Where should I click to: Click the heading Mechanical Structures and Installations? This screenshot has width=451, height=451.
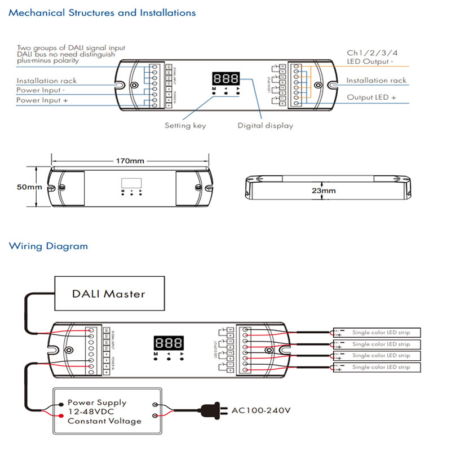(x=102, y=12)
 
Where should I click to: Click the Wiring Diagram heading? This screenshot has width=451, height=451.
(x=48, y=246)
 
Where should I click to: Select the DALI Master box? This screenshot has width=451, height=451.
(x=109, y=294)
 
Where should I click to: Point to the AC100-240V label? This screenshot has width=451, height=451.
(x=261, y=410)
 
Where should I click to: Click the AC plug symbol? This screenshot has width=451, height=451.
(x=211, y=410)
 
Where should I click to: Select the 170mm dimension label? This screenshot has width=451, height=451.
(x=130, y=161)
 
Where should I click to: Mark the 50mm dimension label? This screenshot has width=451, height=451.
(x=30, y=187)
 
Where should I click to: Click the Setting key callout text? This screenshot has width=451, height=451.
(x=185, y=126)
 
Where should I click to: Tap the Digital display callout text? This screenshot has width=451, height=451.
(x=265, y=126)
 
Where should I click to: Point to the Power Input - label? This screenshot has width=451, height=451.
(x=41, y=90)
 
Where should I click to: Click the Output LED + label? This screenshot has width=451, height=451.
(x=371, y=98)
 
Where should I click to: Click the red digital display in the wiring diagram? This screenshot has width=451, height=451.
(x=168, y=342)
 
